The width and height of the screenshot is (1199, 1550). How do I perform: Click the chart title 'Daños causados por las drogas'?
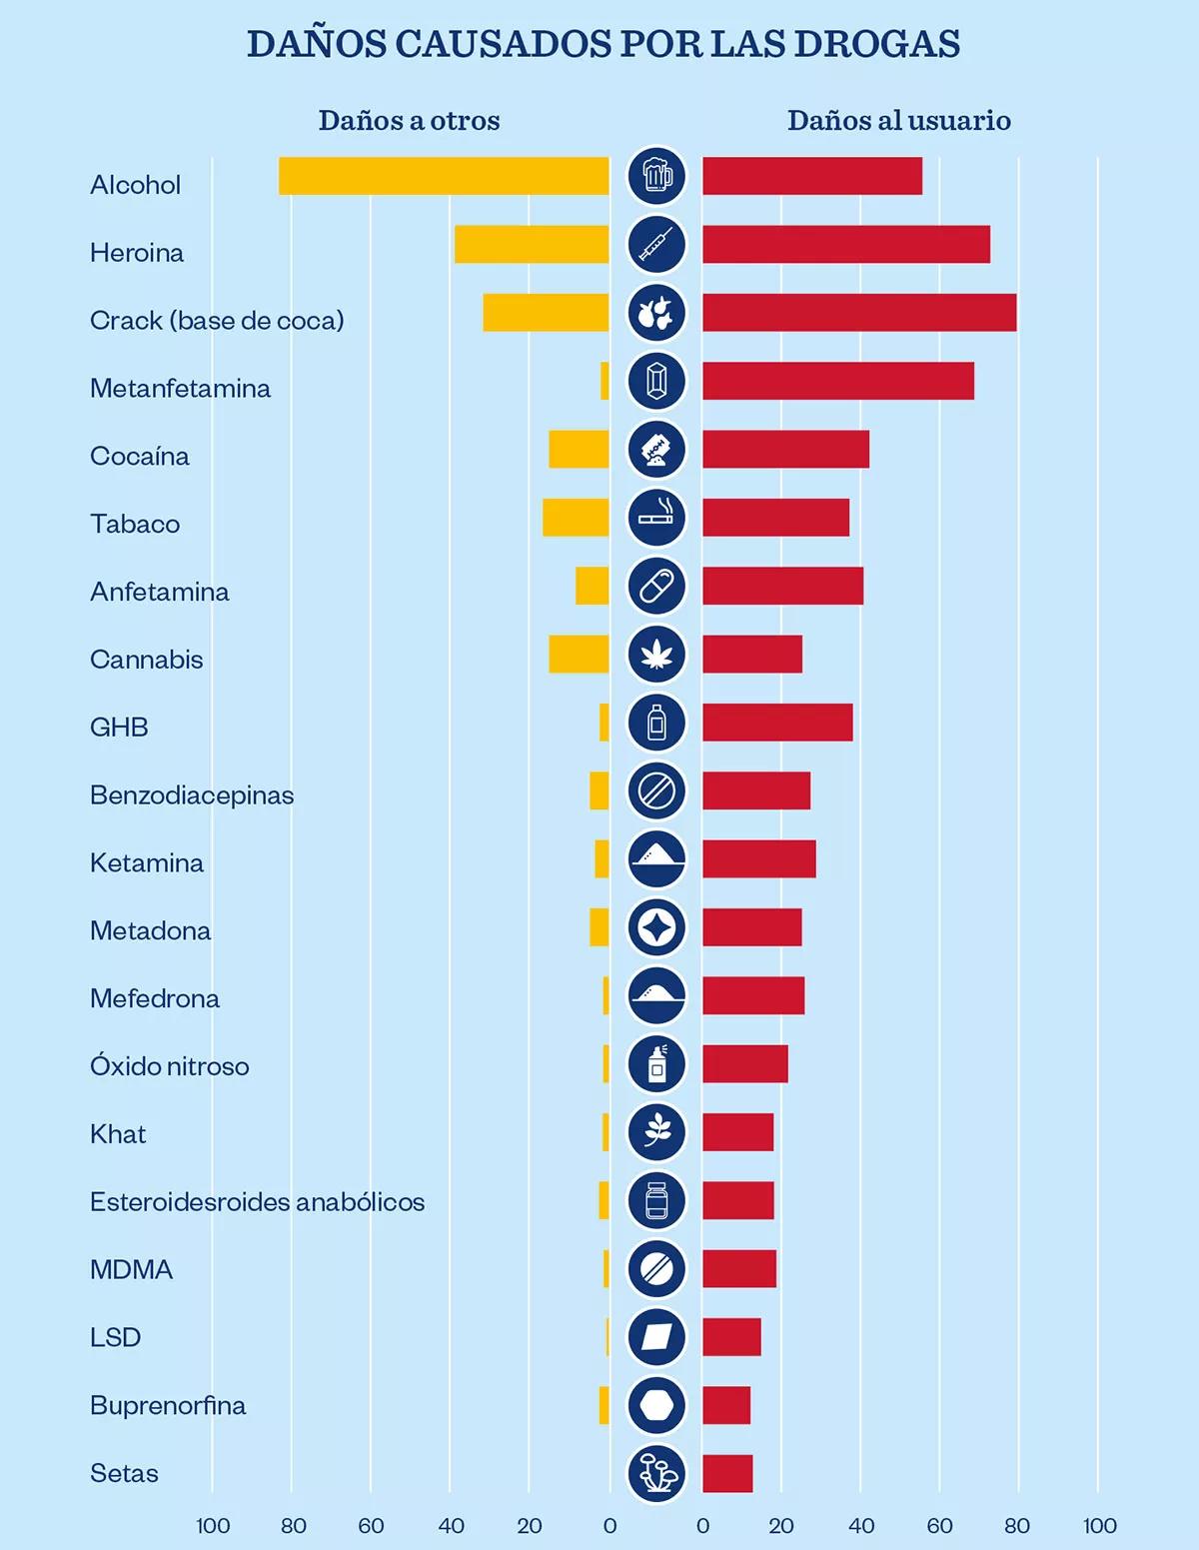click(602, 44)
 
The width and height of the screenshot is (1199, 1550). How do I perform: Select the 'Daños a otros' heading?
click(409, 121)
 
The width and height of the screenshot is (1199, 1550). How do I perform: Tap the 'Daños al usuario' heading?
click(898, 121)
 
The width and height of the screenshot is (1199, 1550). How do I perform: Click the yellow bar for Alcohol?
click(444, 176)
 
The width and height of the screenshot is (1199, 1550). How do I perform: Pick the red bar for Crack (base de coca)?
click(859, 313)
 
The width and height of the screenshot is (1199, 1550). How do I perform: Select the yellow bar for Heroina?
click(532, 245)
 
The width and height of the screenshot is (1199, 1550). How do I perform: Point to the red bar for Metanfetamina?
click(837, 381)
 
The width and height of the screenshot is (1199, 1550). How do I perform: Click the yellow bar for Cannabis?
click(579, 654)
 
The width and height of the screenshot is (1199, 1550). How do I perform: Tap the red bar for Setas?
click(727, 1473)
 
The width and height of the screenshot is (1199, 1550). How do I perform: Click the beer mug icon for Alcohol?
click(656, 176)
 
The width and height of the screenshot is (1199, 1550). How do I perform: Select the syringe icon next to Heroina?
click(656, 245)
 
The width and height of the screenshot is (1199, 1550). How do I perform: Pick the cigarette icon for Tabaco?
click(656, 518)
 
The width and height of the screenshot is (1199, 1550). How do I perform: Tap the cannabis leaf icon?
click(656, 654)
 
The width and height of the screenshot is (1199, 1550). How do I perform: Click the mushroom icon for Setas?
click(656, 1473)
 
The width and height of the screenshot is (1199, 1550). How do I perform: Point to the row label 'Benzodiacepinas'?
click(192, 794)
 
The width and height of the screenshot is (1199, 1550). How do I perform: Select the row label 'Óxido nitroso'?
click(169, 1065)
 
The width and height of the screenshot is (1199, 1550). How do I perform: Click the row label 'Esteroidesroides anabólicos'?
click(257, 1201)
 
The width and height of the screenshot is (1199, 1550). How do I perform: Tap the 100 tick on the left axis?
click(213, 1526)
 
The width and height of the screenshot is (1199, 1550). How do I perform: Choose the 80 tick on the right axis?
click(1017, 1526)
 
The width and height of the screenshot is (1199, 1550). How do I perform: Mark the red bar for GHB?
click(777, 723)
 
